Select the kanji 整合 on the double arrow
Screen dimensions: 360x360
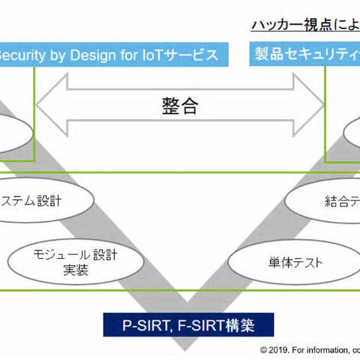coord(179,106)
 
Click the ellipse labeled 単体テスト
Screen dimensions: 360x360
coord(274,263)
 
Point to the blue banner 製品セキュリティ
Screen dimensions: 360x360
coord(304,55)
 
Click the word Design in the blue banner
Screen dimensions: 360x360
coord(95,55)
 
